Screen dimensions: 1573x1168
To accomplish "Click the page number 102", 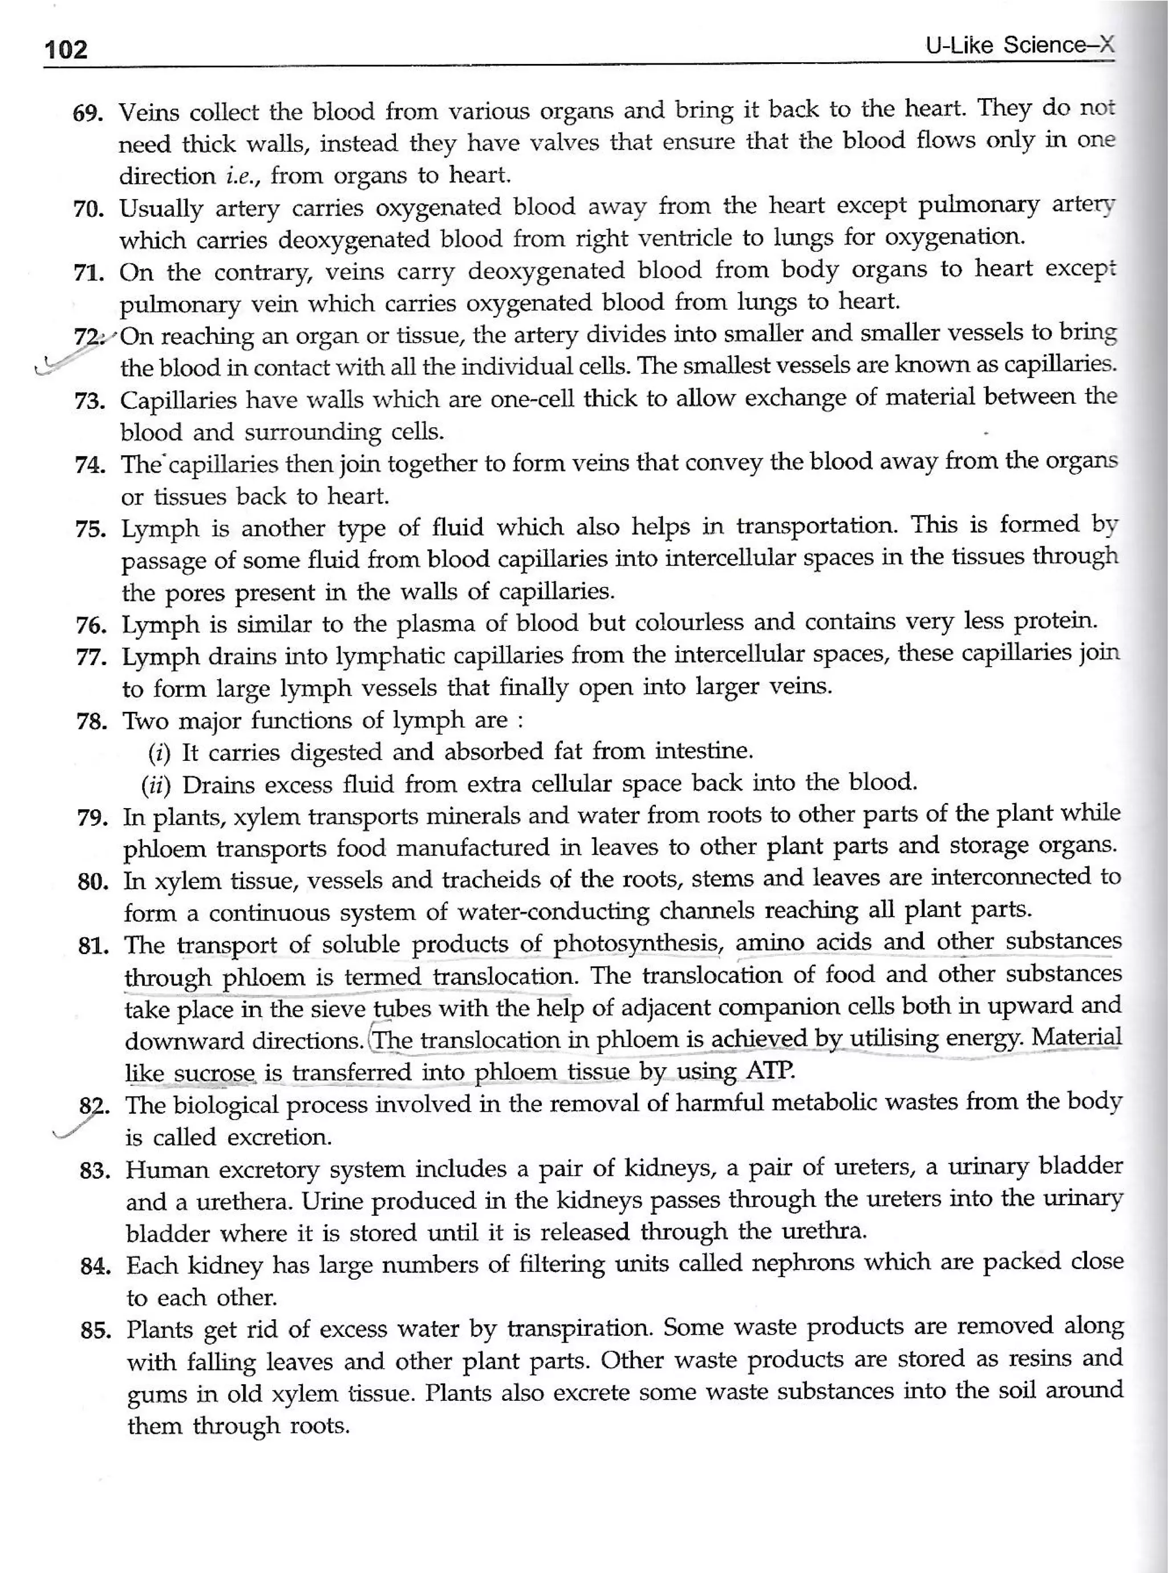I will (x=66, y=50).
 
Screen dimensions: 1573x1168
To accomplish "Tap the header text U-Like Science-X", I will (x=1020, y=46).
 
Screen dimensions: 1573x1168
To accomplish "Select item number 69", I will (x=88, y=113).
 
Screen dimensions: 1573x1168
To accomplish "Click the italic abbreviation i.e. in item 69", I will (x=241, y=175).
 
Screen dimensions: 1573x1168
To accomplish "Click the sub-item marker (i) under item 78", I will (x=159, y=753).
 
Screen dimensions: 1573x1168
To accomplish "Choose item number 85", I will (x=95, y=1332).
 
